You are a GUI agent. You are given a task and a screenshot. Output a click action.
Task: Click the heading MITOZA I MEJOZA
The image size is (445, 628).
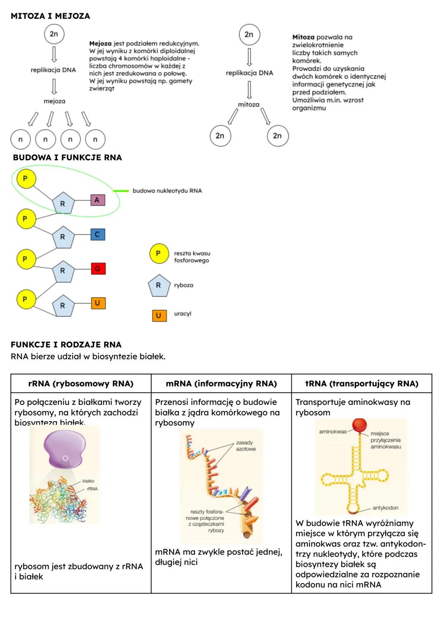[x=50, y=16]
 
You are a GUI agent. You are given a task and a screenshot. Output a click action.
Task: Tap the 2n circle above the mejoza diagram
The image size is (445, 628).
[x=54, y=34]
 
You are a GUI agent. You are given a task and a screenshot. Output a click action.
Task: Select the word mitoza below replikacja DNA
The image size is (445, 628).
[x=249, y=105]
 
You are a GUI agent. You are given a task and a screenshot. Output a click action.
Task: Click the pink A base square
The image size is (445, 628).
[x=97, y=200]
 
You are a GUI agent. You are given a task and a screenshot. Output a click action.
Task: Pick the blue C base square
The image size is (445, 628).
[x=98, y=234]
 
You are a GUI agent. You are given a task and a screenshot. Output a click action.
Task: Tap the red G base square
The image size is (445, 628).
[x=98, y=269]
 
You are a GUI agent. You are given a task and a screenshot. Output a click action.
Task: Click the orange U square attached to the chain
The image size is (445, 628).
[x=98, y=303]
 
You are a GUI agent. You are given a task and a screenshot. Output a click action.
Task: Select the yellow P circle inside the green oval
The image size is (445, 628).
[x=26, y=179]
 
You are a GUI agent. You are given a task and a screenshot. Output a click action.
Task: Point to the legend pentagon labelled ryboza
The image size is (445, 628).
[x=159, y=285]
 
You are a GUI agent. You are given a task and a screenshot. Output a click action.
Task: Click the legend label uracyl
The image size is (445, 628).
[x=183, y=314]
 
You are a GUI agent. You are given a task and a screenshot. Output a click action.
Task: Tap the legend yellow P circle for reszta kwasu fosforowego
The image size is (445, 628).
[x=159, y=254]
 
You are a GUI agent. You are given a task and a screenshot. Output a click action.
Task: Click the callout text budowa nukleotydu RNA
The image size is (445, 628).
[x=167, y=191]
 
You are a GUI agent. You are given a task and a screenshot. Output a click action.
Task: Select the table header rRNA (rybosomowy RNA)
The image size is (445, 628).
[x=81, y=384]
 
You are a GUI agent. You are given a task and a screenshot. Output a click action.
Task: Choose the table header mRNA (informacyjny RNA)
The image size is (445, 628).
[x=221, y=384]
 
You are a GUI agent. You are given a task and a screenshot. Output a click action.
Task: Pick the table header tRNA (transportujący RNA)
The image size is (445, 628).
[x=362, y=384]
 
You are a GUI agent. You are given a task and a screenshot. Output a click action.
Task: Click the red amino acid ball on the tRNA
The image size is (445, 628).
[x=359, y=425]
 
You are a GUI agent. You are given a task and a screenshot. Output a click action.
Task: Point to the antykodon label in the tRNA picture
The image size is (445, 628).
[x=385, y=508]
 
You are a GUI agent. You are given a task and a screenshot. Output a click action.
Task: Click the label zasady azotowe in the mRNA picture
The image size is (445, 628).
[x=246, y=446]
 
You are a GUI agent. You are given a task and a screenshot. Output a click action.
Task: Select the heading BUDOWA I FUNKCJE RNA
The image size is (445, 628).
[x=67, y=157]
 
